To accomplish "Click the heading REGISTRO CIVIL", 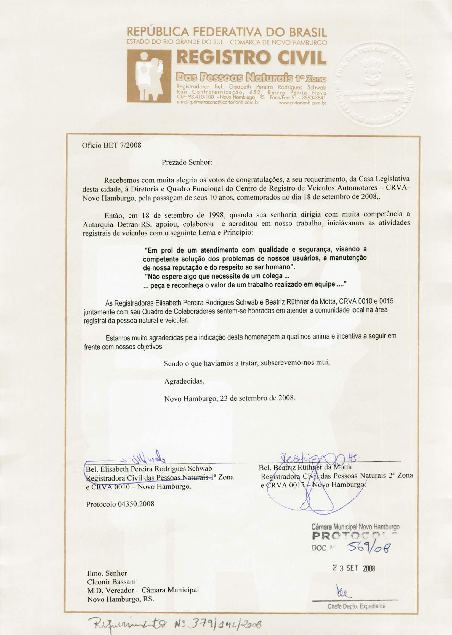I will point(251,57).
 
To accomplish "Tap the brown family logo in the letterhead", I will point(149,76).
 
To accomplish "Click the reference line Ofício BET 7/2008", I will point(111,145).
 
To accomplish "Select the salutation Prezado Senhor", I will point(187,162).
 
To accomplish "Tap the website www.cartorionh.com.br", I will point(302,103).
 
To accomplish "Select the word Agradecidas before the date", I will point(184,381).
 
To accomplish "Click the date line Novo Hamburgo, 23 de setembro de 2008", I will point(230,398).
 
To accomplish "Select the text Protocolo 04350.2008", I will point(120,504).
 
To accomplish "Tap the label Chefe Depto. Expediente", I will point(356,606).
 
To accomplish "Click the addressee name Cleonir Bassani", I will point(111,582).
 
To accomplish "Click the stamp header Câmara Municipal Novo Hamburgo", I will point(355,527).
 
